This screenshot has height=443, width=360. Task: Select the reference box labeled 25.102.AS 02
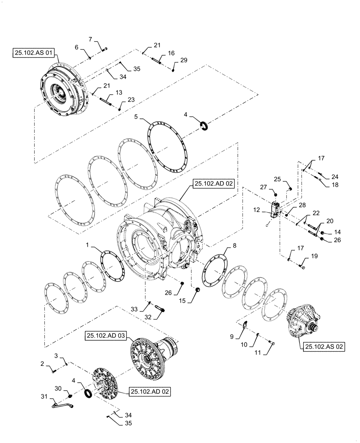coord(324,346)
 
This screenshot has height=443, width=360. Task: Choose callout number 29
coord(184,60)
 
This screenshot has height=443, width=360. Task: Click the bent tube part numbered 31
coord(62,403)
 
